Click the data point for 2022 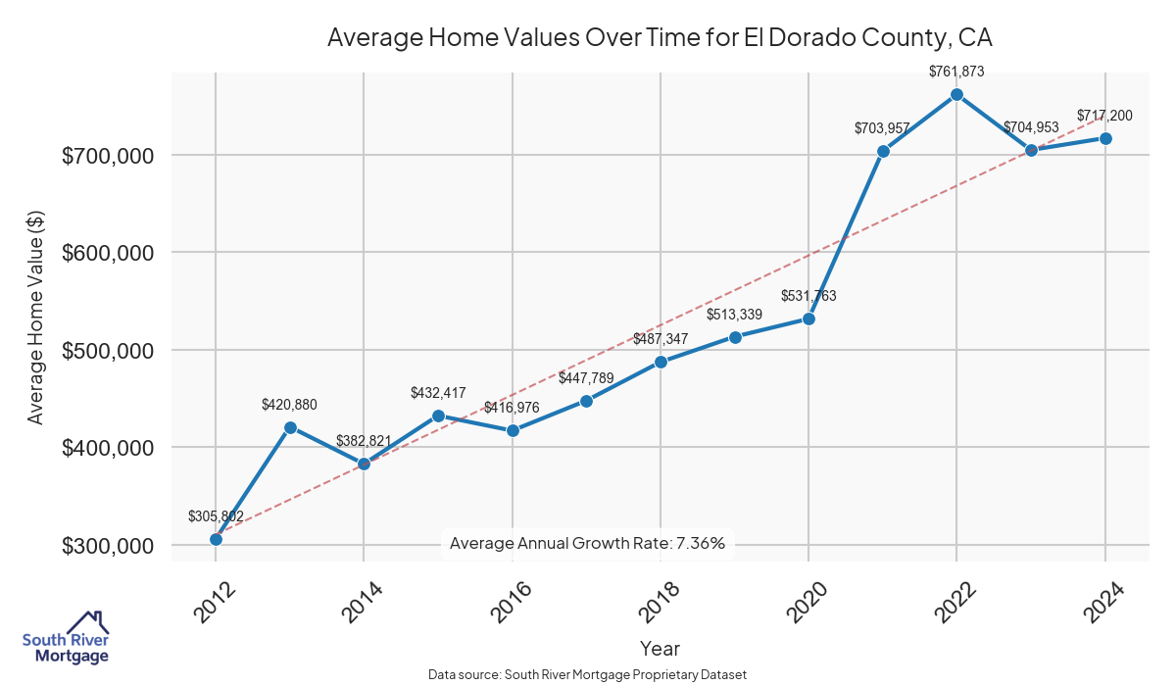pyautogui.click(x=956, y=94)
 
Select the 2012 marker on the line pyautogui.click(x=216, y=539)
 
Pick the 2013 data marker pyautogui.click(x=290, y=427)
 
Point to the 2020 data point pyautogui.click(x=808, y=318)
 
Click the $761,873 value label pyautogui.click(x=956, y=71)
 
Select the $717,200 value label pyautogui.click(x=1104, y=116)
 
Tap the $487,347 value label pyautogui.click(x=661, y=338)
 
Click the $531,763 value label pyautogui.click(x=808, y=295)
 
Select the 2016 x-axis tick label pyautogui.click(x=508, y=603)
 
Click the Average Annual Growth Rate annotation pyautogui.click(x=587, y=543)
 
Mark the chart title pyautogui.click(x=660, y=38)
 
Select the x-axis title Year pyautogui.click(x=660, y=648)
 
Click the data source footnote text pyautogui.click(x=588, y=675)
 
